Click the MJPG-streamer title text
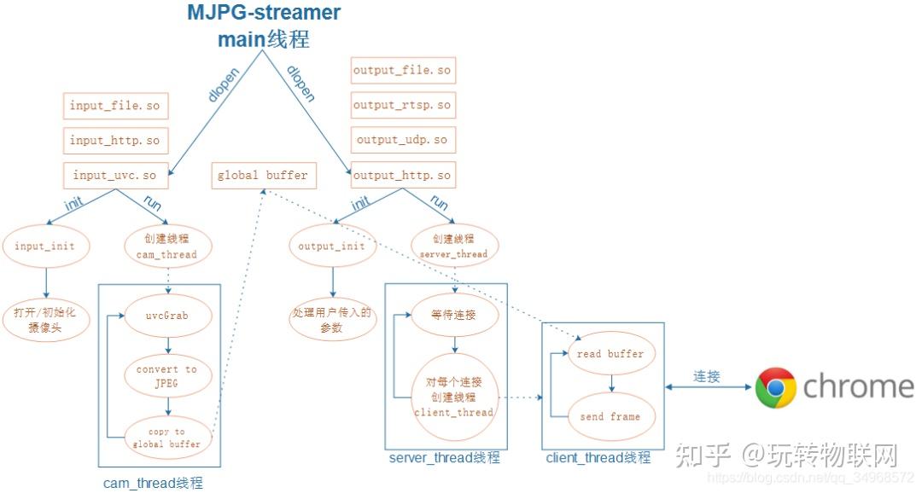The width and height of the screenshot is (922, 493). pyautogui.click(x=265, y=14)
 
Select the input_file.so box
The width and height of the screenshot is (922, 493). pyautogui.click(x=114, y=106)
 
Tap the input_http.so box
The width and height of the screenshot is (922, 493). pyautogui.click(x=114, y=141)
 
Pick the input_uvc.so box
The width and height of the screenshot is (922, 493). pyautogui.click(x=114, y=176)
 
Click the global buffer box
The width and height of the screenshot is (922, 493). pyautogui.click(x=262, y=176)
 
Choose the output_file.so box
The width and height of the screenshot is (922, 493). pyautogui.click(x=402, y=70)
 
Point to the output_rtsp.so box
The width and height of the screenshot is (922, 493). pyautogui.click(x=402, y=105)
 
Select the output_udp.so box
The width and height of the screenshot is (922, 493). pyautogui.click(x=402, y=140)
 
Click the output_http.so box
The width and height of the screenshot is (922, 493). pyautogui.click(x=402, y=176)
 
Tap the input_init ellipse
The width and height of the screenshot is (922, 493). pyautogui.click(x=44, y=246)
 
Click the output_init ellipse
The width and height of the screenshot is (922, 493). pyautogui.click(x=331, y=246)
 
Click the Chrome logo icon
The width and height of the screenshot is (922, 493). pyautogui.click(x=775, y=388)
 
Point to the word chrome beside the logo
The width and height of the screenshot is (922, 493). pyautogui.click(x=858, y=386)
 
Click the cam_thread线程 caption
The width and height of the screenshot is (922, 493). pyautogui.click(x=154, y=484)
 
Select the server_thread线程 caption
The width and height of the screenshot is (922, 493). pyautogui.click(x=444, y=458)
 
